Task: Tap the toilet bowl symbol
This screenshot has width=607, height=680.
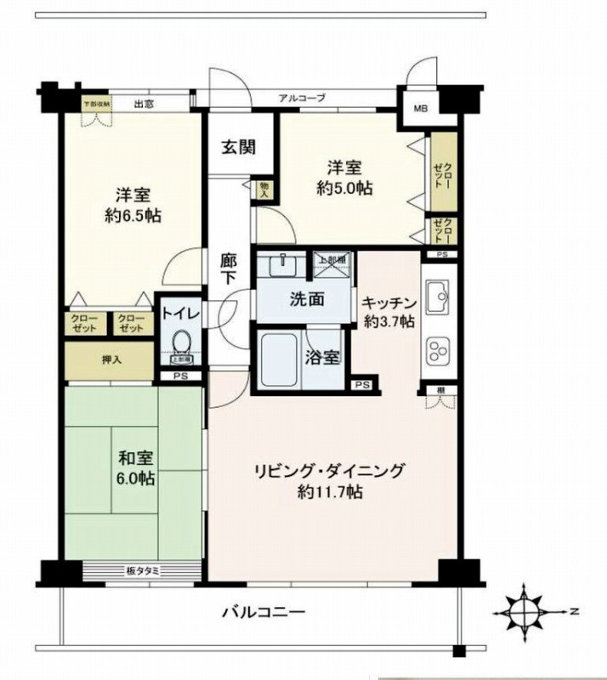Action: click(x=180, y=343)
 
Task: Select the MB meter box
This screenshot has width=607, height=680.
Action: click(x=421, y=108)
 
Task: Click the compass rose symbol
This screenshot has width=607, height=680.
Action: click(x=525, y=610)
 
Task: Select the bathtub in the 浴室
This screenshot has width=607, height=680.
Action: click(x=277, y=359)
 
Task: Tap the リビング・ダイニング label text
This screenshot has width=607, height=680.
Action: click(x=330, y=471)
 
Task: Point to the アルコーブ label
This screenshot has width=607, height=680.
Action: click(x=302, y=99)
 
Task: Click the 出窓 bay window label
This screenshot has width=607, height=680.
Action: click(x=144, y=105)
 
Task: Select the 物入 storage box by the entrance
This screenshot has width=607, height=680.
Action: click(x=264, y=189)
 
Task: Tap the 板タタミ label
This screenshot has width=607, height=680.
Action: click(x=146, y=570)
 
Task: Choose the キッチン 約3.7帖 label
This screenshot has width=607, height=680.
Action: click(x=388, y=311)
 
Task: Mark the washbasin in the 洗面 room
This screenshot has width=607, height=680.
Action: click(x=281, y=266)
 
